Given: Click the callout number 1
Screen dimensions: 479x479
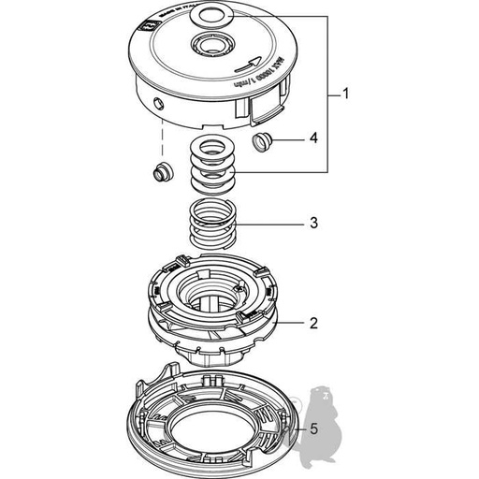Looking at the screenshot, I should (345, 94).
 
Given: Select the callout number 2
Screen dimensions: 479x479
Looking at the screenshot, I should (313, 325).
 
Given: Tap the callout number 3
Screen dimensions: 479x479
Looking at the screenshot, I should (313, 225).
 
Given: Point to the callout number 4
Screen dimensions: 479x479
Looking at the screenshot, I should (313, 138).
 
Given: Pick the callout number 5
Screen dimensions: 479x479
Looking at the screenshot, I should (313, 429).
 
